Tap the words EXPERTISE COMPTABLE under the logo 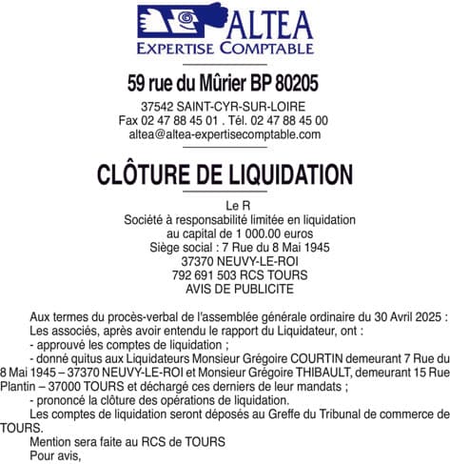coord(225,48)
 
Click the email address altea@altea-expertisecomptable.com coord(225,135)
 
